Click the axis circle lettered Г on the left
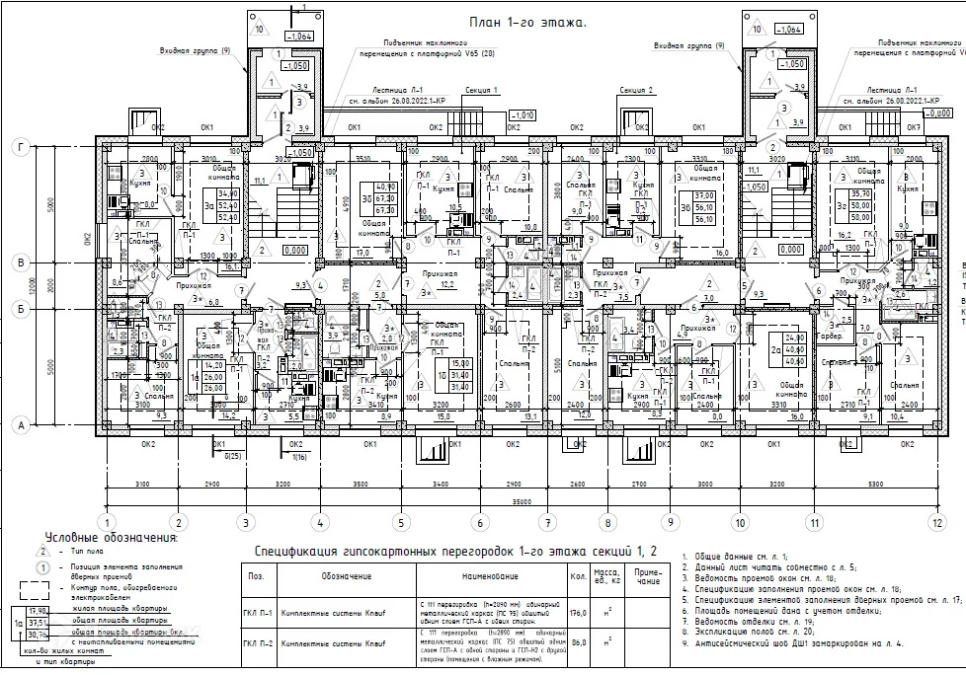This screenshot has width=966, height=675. coord(16,147)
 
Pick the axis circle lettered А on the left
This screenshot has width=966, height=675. coord(16,426)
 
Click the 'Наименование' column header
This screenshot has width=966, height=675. coord(490,575)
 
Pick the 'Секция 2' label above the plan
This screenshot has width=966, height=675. coord(637,91)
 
